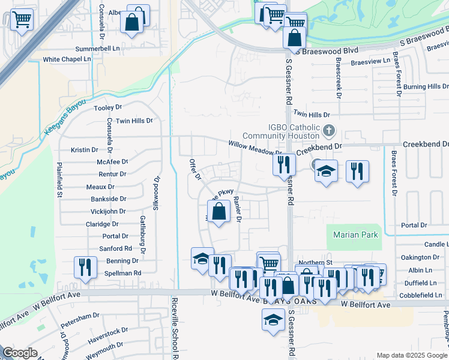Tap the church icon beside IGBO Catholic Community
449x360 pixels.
[329, 130]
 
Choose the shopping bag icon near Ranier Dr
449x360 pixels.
[219, 211]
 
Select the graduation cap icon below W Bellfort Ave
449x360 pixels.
[273, 319]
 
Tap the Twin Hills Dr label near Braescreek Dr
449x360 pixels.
[311, 114]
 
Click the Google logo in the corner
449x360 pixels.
[20, 353]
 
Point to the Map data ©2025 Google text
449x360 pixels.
[411, 355]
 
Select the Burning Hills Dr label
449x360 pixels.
[426, 87]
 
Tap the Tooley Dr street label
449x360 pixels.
[108, 108]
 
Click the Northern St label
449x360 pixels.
[315, 262]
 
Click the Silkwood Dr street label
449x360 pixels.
[157, 191]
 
